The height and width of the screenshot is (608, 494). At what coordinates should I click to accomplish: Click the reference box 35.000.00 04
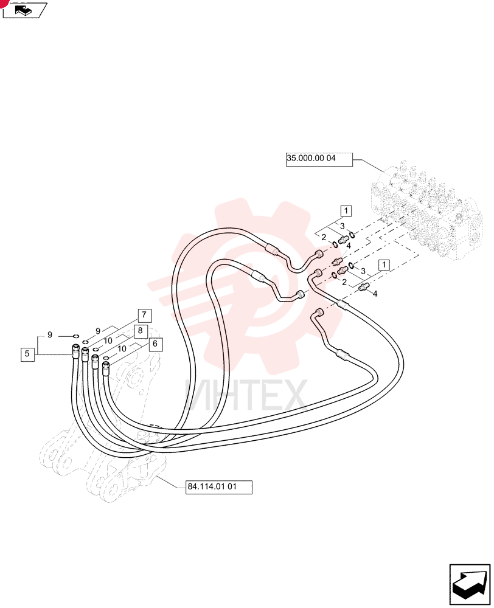(319, 159)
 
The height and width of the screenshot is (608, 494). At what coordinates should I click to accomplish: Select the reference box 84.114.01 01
(219, 487)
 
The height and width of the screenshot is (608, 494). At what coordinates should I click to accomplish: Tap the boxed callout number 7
(144, 315)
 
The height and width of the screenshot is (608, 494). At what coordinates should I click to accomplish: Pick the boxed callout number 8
(140, 331)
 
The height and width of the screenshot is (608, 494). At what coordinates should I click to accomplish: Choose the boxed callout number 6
(155, 344)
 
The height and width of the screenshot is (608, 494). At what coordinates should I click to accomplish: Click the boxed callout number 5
(27, 354)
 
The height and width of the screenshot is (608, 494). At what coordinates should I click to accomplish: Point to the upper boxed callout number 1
(346, 211)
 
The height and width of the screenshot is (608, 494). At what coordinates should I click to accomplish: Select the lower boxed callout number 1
(384, 265)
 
